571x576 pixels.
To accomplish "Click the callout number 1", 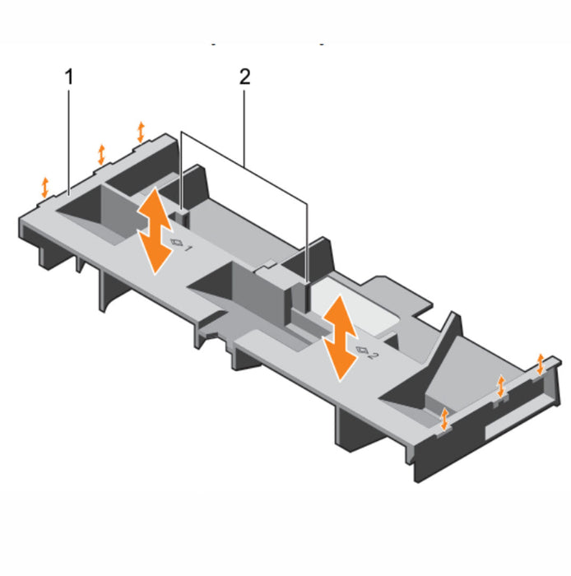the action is click(69, 77).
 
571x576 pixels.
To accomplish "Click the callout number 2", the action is click(245, 77).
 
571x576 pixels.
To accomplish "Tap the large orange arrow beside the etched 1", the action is click(156, 230).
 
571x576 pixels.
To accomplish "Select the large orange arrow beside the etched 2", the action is click(340, 338).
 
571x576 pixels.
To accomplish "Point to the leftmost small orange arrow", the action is click(44, 188).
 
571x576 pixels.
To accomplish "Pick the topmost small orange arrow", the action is click(140, 132).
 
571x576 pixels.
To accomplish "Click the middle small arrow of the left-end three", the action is click(101, 155).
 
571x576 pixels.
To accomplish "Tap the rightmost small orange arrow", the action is click(540, 364).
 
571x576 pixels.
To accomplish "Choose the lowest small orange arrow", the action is click(444, 418).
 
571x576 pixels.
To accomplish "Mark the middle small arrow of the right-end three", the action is click(500, 386).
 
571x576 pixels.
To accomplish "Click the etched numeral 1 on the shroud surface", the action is click(188, 249).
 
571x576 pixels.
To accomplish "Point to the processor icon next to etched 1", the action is click(177, 243).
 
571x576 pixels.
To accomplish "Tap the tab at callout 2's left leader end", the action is click(183, 218).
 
